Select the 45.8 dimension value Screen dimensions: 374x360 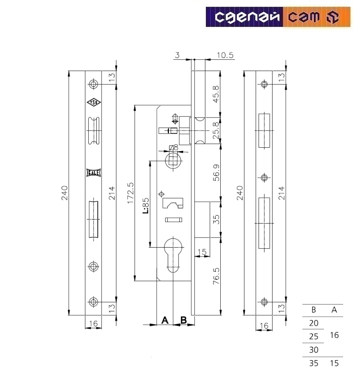coord(216,93)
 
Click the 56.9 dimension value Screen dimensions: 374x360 coord(216,173)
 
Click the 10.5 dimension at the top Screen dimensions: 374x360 coord(224,55)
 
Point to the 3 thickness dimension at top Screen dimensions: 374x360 coord(177,55)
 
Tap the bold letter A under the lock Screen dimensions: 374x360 coord(164,320)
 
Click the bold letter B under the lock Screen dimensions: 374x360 coord(183,320)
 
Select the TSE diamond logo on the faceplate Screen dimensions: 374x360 coord(94,102)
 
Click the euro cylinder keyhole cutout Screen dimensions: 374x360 coord(173,253)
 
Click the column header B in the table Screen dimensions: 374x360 coord(313,310)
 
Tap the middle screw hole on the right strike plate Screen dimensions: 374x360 coord(264,178)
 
